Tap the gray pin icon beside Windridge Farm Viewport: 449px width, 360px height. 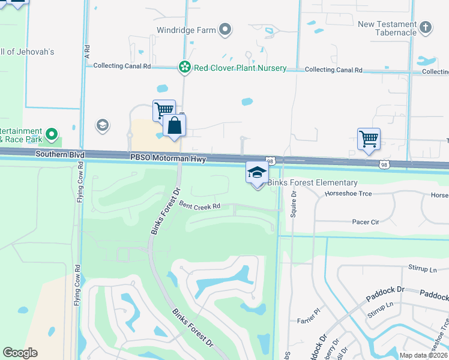click(226, 29)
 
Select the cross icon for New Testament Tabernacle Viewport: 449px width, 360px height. click(425, 27)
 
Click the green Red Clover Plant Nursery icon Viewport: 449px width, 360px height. click(185, 68)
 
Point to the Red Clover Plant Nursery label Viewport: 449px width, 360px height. click(240, 68)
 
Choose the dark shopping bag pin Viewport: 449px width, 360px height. click(174, 126)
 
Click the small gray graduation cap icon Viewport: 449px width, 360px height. click(102, 125)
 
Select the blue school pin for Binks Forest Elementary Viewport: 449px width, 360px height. click(257, 173)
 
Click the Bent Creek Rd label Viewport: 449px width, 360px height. click(200, 206)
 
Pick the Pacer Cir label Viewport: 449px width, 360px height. click(365, 222)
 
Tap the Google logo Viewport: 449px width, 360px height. click(20, 353)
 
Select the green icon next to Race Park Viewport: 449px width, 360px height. click(52, 133)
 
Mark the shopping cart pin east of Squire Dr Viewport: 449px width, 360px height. click(368, 139)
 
